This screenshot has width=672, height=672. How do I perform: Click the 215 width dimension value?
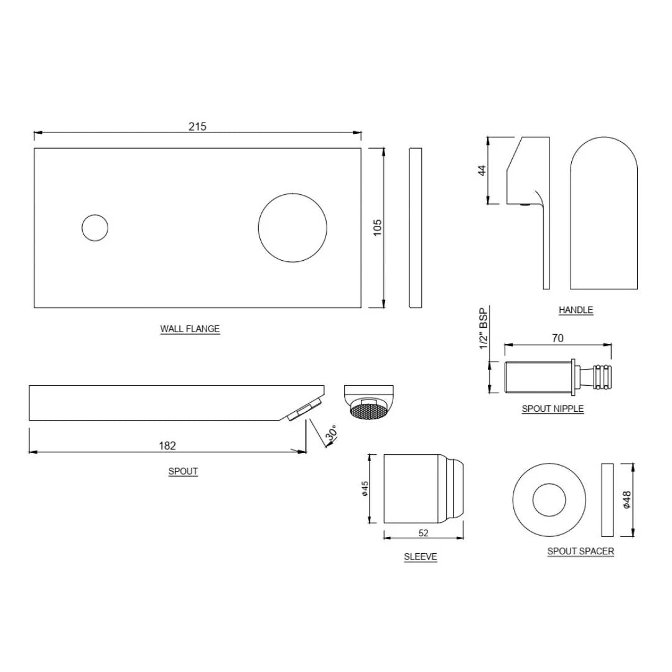(x=197, y=126)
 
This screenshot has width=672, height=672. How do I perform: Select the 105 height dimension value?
(x=377, y=227)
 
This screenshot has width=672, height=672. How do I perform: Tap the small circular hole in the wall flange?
(x=95, y=228)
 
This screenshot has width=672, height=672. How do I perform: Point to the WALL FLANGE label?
(x=190, y=329)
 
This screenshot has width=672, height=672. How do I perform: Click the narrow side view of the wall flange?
(x=415, y=228)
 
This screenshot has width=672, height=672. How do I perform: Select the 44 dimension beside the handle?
(x=482, y=170)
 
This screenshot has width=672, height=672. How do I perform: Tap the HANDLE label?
(x=576, y=310)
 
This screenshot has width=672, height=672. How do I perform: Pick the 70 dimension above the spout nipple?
(x=558, y=338)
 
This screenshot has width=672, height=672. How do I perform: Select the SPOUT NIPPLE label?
(x=553, y=409)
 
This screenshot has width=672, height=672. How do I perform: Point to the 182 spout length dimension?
(x=167, y=446)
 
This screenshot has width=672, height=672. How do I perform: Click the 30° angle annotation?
(x=331, y=434)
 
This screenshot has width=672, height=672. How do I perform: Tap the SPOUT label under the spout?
(x=183, y=471)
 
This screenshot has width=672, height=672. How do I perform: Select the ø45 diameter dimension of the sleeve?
(x=365, y=488)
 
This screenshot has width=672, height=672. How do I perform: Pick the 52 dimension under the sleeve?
(x=424, y=533)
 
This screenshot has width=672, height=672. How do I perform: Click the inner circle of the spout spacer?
(x=549, y=498)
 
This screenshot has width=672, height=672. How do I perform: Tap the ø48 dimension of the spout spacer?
(x=627, y=499)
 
